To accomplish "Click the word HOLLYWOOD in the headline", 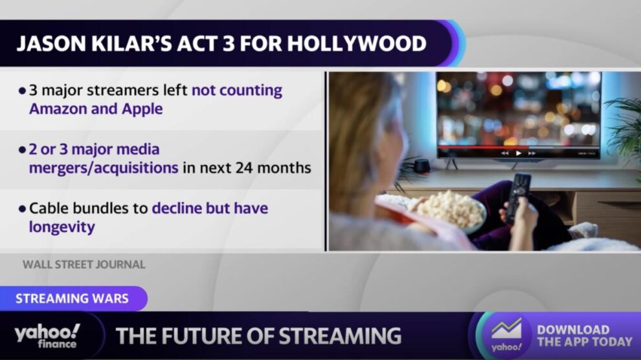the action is click(357, 44).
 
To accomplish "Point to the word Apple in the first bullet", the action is click(142, 109).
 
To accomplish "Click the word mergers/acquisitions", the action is click(104, 168).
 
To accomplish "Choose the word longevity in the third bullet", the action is click(62, 227).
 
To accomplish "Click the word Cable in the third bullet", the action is click(47, 208).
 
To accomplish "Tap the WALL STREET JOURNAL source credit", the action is click(84, 264).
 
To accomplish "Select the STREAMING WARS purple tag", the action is click(73, 298).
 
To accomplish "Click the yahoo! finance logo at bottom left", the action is click(47, 336).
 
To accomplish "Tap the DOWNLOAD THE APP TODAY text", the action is click(585, 335).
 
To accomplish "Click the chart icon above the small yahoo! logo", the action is click(506, 329).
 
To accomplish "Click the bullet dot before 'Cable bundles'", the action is click(22, 208).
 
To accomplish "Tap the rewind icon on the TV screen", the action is click(505, 153).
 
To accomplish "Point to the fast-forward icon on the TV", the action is click(532, 153).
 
